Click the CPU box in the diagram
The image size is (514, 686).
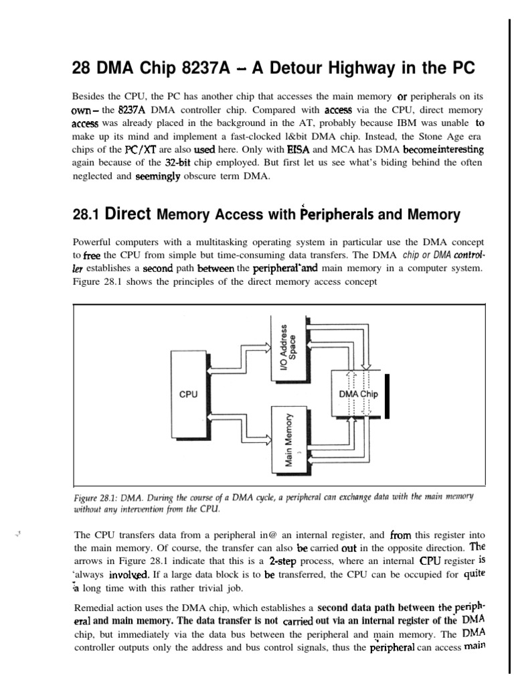189,394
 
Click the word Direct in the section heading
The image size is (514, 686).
129,214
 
